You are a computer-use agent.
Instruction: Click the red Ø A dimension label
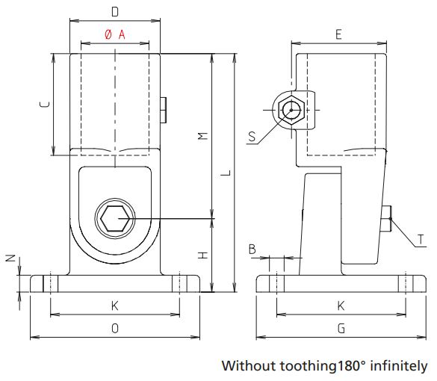[x=114, y=34]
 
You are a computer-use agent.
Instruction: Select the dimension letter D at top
[x=114, y=11]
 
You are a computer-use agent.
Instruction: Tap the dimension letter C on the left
[x=43, y=105]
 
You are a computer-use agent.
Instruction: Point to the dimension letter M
[x=202, y=135]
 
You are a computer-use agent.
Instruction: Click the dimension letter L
[x=225, y=173]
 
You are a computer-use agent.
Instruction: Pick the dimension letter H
[x=202, y=256]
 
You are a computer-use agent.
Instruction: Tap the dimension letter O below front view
[x=114, y=328]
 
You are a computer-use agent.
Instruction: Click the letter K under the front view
[x=114, y=306]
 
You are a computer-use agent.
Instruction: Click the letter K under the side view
[x=341, y=306]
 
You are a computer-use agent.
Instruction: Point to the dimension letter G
[x=341, y=328]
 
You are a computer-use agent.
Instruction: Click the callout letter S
[x=252, y=136]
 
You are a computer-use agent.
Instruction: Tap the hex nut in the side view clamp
[x=291, y=111]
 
